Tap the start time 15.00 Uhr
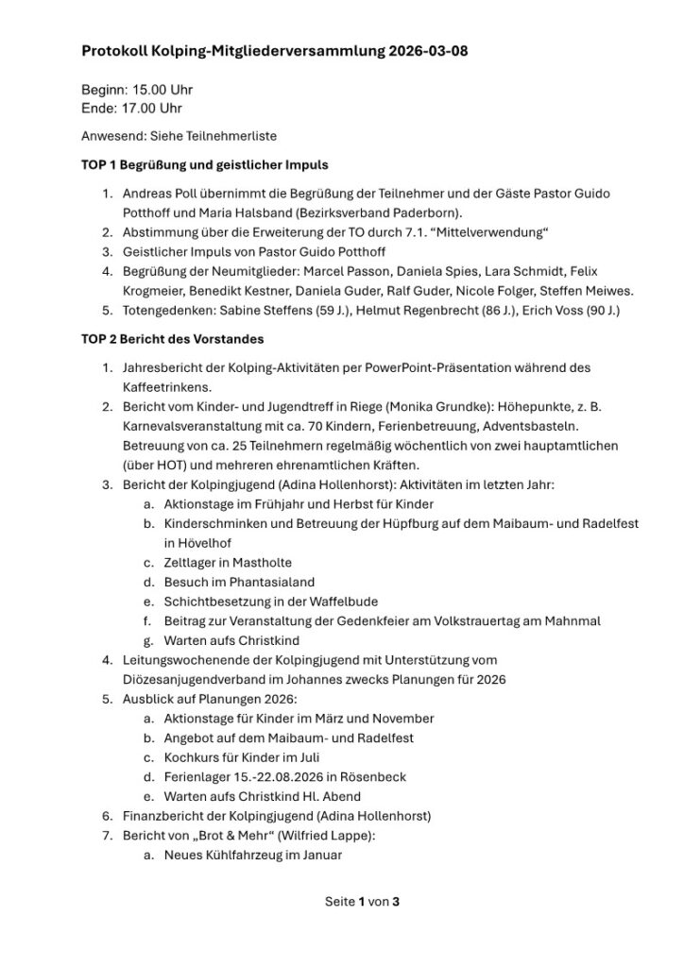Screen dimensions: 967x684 click(162, 91)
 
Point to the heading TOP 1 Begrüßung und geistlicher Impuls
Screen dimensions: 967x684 click(205, 164)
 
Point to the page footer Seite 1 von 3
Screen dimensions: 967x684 click(363, 901)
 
